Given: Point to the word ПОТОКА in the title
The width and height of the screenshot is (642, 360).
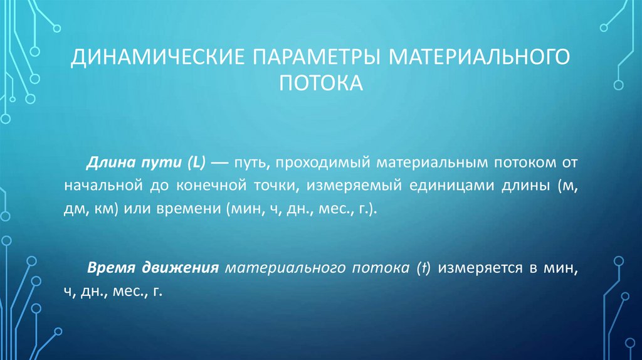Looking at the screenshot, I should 321,82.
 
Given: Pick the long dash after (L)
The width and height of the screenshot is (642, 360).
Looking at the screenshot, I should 221,162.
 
